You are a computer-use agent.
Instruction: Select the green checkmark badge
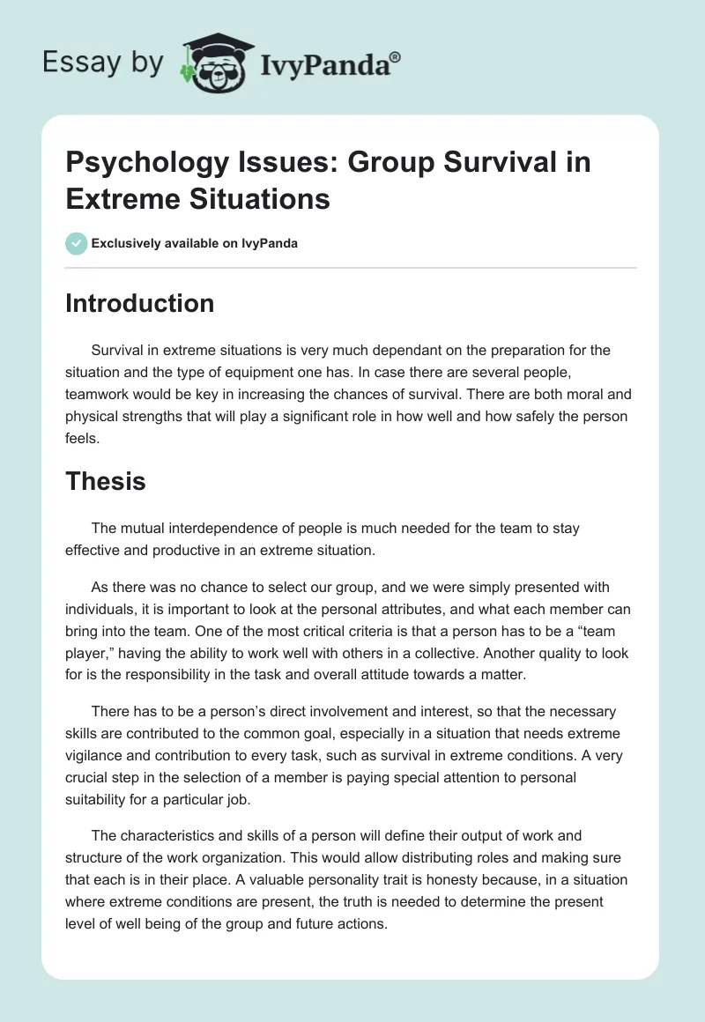click(x=77, y=243)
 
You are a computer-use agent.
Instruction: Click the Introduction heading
click(x=140, y=303)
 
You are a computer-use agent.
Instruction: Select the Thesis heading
click(x=106, y=481)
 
